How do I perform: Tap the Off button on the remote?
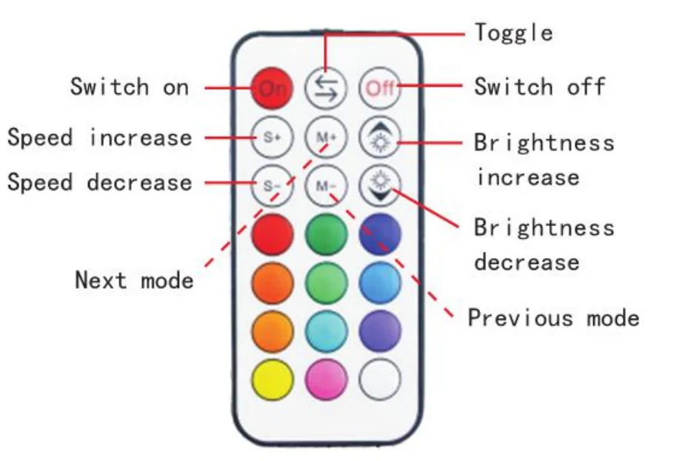tap(380, 88)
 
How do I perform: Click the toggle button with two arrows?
tap(326, 88)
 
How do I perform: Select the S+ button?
tap(272, 137)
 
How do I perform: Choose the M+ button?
tap(326, 137)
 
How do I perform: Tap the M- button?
tap(326, 186)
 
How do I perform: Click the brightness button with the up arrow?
tap(380, 137)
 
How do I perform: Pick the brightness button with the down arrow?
tap(380, 185)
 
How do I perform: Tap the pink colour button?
tap(326, 379)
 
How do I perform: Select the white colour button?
tap(380, 379)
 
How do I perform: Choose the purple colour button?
tap(380, 331)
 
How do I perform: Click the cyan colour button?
tap(326, 331)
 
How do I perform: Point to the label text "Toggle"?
tap(513, 33)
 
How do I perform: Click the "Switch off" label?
tap(539, 87)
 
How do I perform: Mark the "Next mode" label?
tap(134, 280)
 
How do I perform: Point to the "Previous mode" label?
tap(553, 319)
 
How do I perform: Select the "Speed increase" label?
tap(99, 138)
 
